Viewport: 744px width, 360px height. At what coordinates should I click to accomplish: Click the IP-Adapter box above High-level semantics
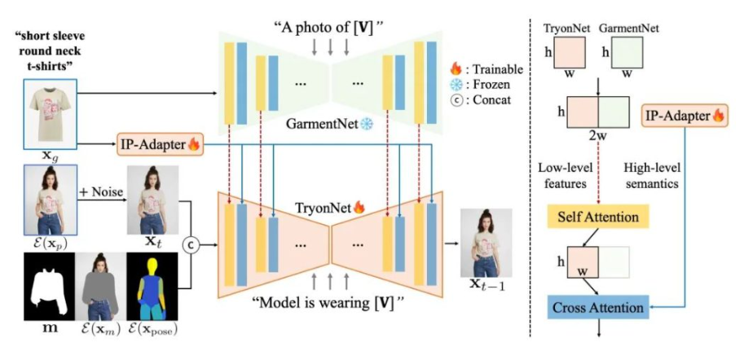pyautogui.click(x=683, y=116)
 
